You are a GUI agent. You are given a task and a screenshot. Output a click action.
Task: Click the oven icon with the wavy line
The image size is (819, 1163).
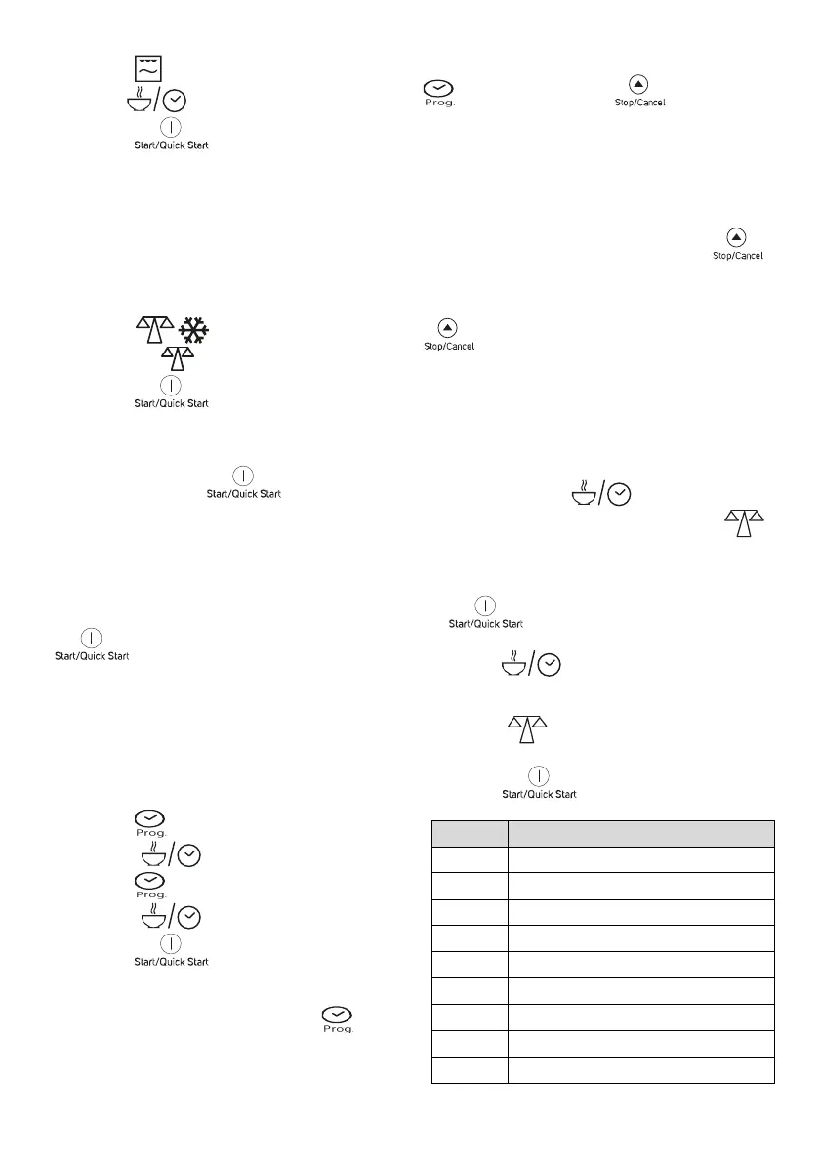(147, 68)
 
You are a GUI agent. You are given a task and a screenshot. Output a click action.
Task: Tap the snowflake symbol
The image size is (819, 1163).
(198, 329)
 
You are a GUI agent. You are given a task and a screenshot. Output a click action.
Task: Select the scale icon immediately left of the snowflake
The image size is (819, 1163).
(151, 329)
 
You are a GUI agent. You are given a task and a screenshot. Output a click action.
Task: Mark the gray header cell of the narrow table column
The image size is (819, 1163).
(470, 833)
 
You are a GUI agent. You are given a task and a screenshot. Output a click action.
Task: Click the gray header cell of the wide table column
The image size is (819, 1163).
(640, 833)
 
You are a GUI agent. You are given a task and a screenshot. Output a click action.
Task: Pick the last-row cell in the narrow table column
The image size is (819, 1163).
(470, 1070)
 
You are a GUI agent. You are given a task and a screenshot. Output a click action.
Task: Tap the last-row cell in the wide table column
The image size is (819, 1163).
(640, 1070)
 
